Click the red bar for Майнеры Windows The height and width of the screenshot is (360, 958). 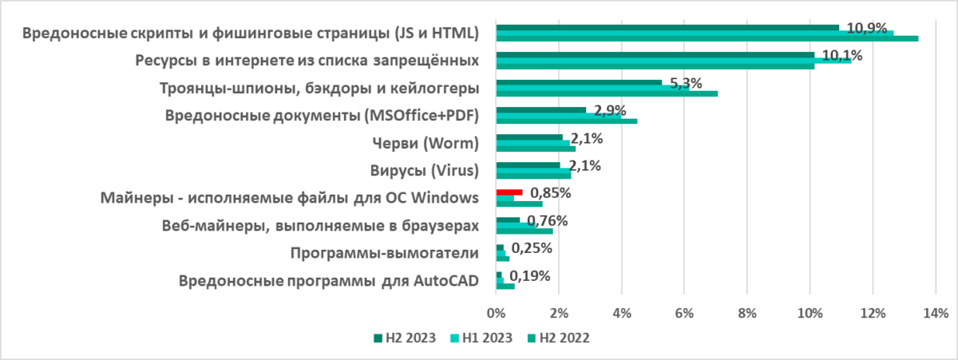[x=509, y=192]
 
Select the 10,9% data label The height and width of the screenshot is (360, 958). [x=867, y=29]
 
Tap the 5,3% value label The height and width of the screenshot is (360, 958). [x=685, y=83]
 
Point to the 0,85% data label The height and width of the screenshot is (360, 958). [x=549, y=193]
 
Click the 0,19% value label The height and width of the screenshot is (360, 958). [x=529, y=276]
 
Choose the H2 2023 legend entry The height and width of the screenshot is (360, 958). [x=405, y=338]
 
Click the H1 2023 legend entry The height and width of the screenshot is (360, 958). [x=482, y=338]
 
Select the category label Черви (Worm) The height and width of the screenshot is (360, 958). [x=426, y=144]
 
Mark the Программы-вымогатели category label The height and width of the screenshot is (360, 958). [x=385, y=253]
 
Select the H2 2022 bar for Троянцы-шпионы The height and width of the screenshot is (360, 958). [x=607, y=93]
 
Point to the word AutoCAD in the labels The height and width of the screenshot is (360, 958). [x=446, y=281]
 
